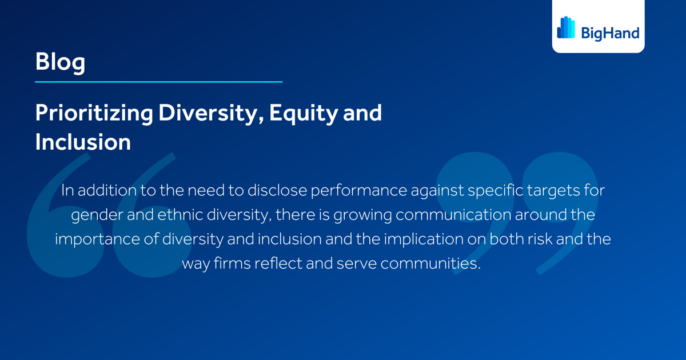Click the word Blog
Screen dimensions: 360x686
click(x=60, y=61)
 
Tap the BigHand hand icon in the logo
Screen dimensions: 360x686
click(x=566, y=27)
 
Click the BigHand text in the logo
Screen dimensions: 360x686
click(x=609, y=33)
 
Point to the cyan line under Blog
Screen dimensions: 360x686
click(x=158, y=82)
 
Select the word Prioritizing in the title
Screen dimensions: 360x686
click(x=94, y=113)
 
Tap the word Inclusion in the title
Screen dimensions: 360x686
click(x=83, y=142)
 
